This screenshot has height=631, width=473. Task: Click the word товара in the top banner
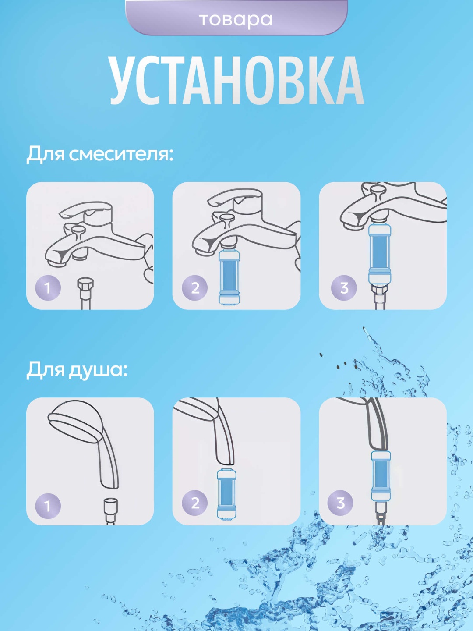point(236,20)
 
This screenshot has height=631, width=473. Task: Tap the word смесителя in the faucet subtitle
point(121,154)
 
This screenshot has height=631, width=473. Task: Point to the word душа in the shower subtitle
point(98,370)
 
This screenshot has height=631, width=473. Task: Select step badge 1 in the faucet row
point(48,288)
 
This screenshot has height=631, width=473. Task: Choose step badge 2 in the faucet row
point(195,288)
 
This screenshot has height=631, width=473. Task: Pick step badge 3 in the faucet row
point(344,288)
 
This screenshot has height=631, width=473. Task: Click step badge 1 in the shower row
point(48,506)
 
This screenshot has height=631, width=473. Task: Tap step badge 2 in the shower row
point(195,503)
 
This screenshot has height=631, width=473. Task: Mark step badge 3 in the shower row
point(340,503)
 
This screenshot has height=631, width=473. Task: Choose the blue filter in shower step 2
point(226,494)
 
